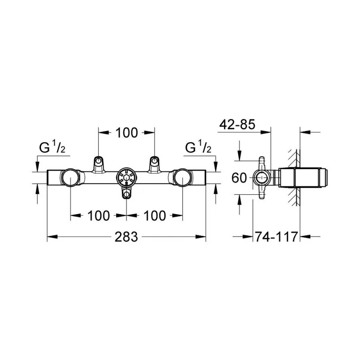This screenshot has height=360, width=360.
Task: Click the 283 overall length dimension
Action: pyautogui.click(x=126, y=237)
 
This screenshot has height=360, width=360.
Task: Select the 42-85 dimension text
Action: pyautogui.click(x=237, y=125)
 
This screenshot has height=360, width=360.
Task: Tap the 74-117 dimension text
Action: pyautogui.click(x=276, y=237)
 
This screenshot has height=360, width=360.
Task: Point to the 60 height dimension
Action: pyautogui.click(x=239, y=178)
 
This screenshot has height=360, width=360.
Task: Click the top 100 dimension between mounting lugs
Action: pyautogui.click(x=126, y=133)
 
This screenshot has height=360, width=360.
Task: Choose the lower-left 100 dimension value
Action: pyautogui.click(x=99, y=216)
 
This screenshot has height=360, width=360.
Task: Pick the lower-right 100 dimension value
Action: pyautogui.click(x=154, y=216)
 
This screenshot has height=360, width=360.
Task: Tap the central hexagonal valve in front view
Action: pyautogui.click(x=126, y=178)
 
